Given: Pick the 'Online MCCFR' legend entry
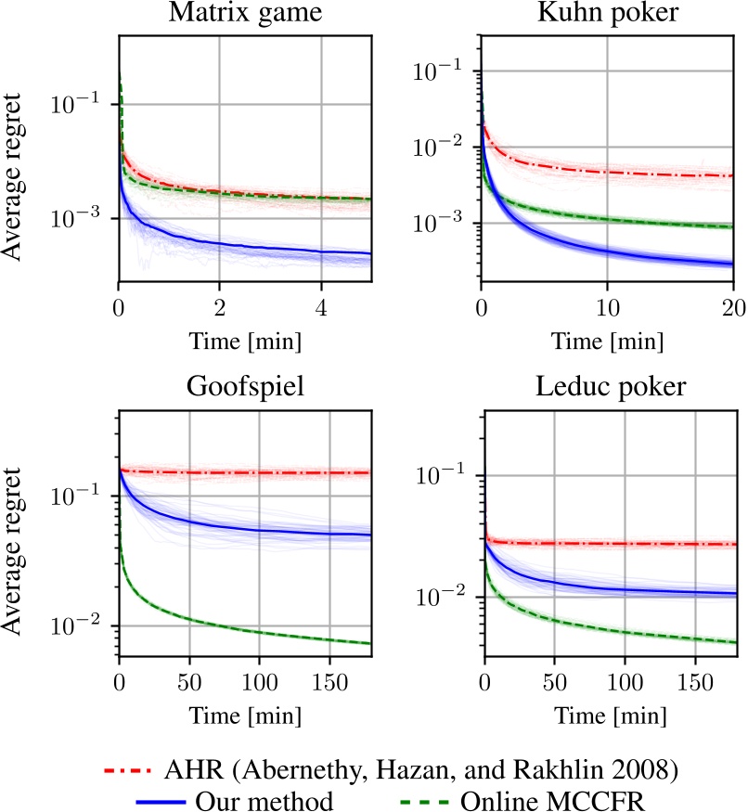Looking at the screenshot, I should click(x=558, y=799).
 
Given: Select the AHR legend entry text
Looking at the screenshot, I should click(x=427, y=769).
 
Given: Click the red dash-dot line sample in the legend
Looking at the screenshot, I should click(x=131, y=770).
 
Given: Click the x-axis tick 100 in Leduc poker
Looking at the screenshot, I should click(x=624, y=672).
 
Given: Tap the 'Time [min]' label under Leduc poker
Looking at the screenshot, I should click(x=607, y=716).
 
